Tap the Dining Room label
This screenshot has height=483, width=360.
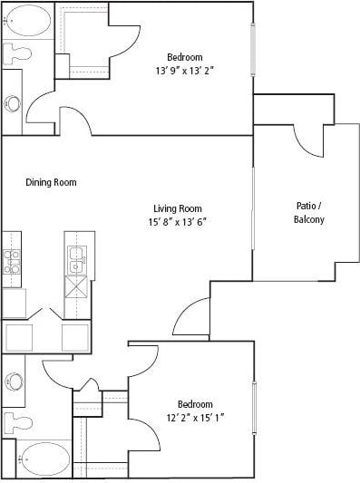coord(51,182)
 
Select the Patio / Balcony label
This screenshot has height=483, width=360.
coord(309,212)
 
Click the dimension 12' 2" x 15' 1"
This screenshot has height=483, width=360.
coord(194,418)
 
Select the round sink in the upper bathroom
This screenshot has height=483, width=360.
coord(14,103)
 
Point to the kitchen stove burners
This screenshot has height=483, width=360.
coord(13,261)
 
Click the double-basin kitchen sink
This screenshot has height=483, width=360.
coord(77,260)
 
